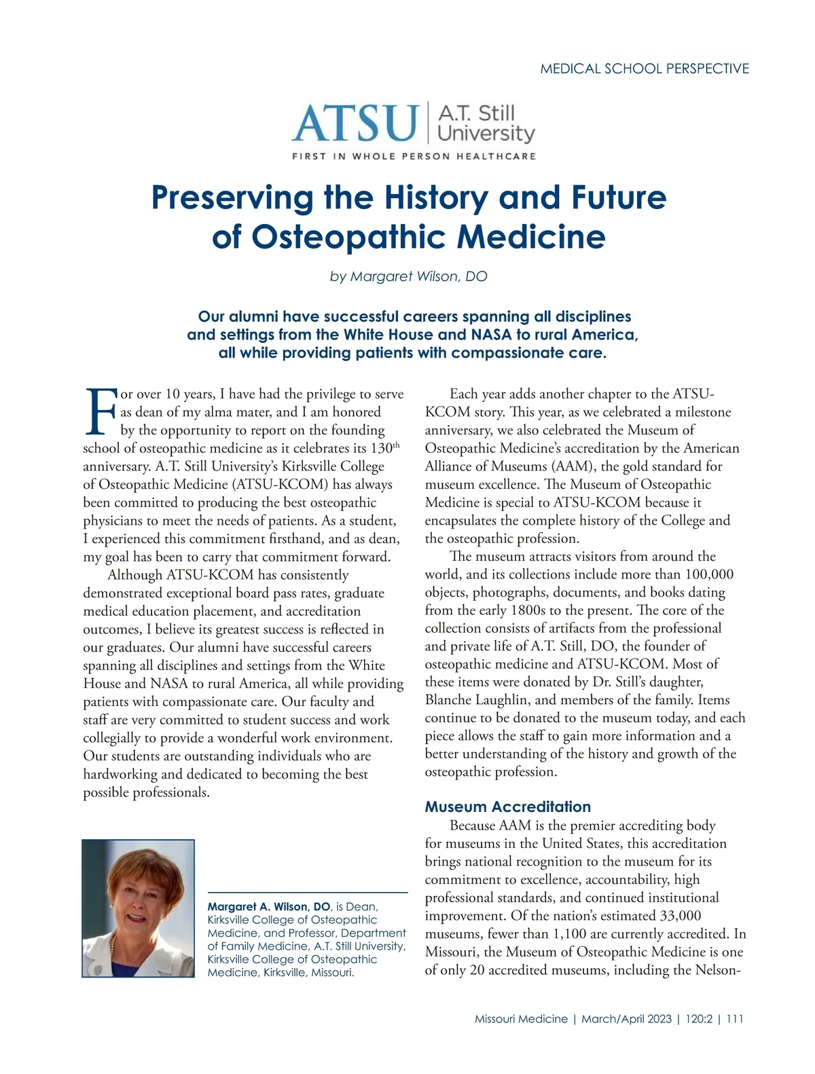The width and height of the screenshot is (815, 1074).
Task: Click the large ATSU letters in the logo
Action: point(355,122)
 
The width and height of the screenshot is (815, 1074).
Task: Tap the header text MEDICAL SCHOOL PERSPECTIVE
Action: point(645,69)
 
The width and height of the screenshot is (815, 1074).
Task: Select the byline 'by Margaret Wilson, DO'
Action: point(408,276)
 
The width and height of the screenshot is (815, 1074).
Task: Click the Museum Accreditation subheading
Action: point(507,807)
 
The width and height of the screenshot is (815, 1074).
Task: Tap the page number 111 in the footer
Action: point(735,1019)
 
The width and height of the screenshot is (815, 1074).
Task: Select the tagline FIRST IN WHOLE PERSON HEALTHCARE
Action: point(414,156)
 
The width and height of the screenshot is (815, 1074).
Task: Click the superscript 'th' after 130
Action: point(397,445)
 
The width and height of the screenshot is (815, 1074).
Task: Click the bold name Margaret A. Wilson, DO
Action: point(269,906)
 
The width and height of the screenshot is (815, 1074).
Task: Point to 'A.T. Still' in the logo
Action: point(476,113)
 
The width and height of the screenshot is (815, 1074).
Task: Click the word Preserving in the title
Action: point(232,198)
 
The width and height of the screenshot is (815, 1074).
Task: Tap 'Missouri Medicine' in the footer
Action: point(521,1019)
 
